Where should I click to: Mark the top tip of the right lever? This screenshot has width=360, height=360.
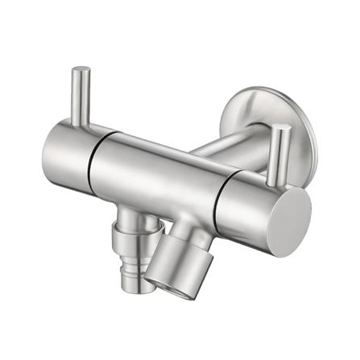pos(278,128)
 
